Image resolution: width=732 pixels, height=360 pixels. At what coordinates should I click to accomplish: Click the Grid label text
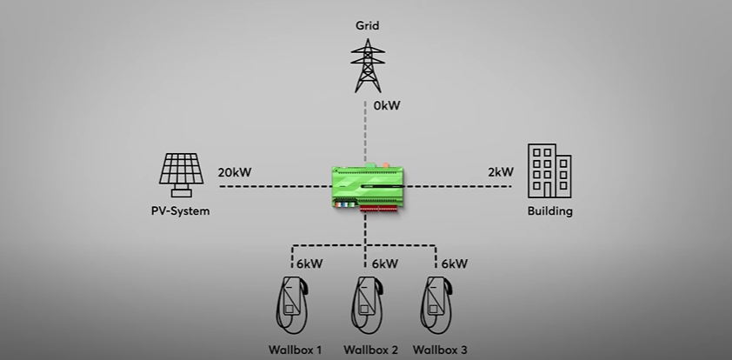(x=367, y=25)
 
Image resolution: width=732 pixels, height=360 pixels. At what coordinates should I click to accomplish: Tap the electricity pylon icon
(x=367, y=65)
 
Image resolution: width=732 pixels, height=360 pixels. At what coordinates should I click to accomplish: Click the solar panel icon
(x=181, y=172)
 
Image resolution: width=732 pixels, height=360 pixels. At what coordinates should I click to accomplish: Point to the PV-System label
(x=181, y=211)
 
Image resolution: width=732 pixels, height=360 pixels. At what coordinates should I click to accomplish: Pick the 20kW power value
(x=235, y=172)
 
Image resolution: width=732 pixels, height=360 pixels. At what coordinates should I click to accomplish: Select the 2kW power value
(x=501, y=172)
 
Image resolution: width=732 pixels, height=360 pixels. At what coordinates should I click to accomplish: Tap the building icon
(x=549, y=172)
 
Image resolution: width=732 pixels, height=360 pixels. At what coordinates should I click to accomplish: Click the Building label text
(x=550, y=211)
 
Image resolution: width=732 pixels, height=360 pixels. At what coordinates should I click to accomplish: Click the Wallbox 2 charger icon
(x=367, y=305)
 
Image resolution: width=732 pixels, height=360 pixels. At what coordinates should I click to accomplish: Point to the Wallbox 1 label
(x=296, y=350)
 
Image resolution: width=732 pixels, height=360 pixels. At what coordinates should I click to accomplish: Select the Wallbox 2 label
(x=370, y=350)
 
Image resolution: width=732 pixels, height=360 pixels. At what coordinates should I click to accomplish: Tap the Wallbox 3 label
(x=441, y=350)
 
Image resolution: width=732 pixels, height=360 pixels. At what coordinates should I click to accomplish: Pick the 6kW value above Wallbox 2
(x=385, y=263)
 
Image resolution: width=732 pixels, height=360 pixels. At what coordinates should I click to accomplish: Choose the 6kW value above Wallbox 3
(x=455, y=263)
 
